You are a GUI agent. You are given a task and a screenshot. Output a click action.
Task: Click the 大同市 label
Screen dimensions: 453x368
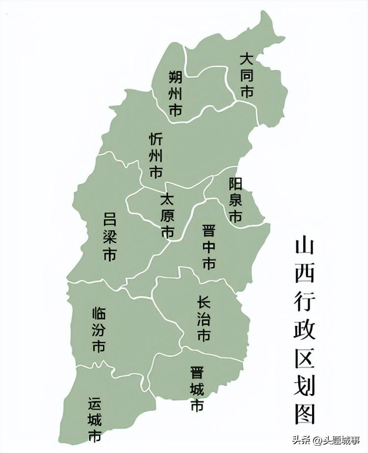246,76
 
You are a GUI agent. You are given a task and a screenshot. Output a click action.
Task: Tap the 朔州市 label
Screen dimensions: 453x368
175,93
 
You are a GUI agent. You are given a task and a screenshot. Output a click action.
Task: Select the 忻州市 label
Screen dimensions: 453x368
156,156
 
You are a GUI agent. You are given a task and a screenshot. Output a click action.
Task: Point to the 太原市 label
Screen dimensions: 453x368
167,216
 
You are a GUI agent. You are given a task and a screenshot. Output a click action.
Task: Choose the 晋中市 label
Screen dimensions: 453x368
209,247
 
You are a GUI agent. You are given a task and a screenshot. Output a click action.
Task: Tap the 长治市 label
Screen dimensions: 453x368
204,319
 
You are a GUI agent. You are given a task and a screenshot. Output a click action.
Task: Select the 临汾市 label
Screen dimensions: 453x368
98,330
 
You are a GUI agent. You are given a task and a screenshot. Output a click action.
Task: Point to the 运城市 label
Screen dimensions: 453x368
95,419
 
